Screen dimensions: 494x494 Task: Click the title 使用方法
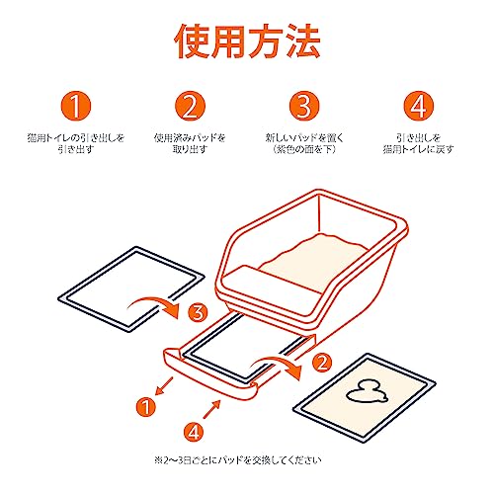tap(247, 41)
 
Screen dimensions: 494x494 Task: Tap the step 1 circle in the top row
tap(76, 106)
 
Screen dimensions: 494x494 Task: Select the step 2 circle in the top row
tap(190, 106)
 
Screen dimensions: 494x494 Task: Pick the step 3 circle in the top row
tap(304, 106)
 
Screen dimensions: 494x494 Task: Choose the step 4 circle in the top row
tap(419, 106)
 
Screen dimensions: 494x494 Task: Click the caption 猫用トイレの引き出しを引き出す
tap(76, 143)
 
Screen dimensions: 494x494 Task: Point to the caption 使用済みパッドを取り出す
tap(190, 143)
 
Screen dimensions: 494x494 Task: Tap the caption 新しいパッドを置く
tap(304, 137)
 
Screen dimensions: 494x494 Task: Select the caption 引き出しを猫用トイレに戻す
tap(419, 143)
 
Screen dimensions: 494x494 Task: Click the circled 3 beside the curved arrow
tap(199, 312)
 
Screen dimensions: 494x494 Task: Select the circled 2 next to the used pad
tap(322, 362)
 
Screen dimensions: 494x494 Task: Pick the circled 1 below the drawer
tap(145, 407)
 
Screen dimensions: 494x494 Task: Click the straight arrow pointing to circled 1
tap(164, 385)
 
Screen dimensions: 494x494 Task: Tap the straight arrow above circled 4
tap(211, 409)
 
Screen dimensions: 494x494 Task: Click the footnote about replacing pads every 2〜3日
tap(238, 459)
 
